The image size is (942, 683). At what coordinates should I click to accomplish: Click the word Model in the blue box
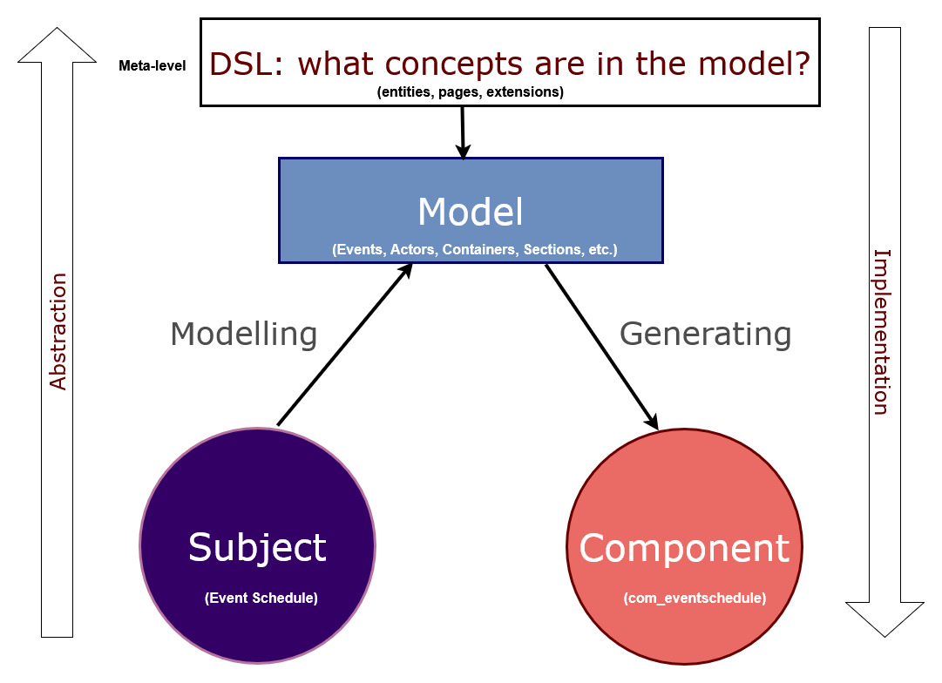click(471, 213)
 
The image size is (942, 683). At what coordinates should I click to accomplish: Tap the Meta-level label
click(152, 65)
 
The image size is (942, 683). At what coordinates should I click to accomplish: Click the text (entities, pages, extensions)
click(470, 92)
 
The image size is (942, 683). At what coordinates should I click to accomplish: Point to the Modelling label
click(243, 334)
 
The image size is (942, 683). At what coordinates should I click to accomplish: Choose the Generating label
click(705, 334)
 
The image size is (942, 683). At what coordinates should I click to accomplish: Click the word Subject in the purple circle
click(257, 547)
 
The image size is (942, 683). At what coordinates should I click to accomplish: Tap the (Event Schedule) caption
click(261, 598)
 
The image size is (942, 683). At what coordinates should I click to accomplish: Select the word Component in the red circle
click(684, 548)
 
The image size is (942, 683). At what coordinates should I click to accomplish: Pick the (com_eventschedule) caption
click(695, 598)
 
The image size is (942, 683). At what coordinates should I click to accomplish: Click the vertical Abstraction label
click(58, 332)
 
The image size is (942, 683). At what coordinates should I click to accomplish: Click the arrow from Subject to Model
click(343, 345)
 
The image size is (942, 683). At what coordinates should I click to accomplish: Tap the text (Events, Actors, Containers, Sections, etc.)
click(475, 250)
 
